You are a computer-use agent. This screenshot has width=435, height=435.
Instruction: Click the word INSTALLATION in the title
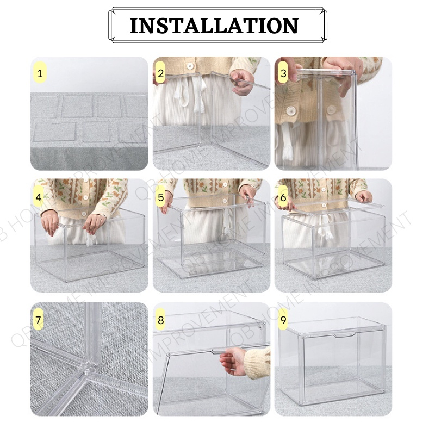[x=214, y=26]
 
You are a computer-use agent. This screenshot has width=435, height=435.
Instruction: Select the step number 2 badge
[x=160, y=73]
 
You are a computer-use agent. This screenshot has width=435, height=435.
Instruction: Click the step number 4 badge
[x=39, y=197]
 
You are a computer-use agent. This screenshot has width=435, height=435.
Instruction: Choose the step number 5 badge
[x=161, y=197]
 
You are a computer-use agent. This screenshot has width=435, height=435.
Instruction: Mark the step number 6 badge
[x=283, y=197]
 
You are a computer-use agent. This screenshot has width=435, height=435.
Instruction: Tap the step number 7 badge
[x=38, y=320]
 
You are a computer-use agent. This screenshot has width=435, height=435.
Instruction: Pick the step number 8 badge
[x=160, y=320]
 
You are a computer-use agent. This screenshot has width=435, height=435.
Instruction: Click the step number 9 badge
[x=283, y=320]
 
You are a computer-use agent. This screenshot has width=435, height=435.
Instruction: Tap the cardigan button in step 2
[x=190, y=66]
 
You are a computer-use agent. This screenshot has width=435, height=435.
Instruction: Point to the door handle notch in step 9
[x=344, y=335]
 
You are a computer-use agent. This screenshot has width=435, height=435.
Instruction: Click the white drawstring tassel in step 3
[x=287, y=141]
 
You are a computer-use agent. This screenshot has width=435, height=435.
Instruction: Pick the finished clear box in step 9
[x=332, y=361]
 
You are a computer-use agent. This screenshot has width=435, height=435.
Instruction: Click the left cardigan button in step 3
[x=291, y=111]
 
